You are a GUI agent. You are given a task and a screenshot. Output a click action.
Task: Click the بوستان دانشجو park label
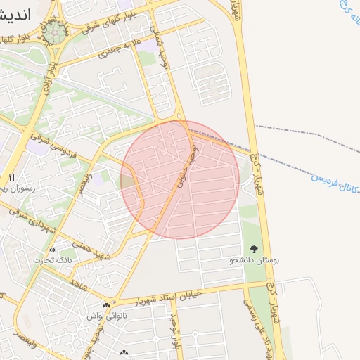tap(254, 260)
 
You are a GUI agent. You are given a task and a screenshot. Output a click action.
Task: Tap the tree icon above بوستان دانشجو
tap(254, 250)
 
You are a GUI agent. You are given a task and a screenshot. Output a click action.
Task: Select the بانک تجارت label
tap(53, 260)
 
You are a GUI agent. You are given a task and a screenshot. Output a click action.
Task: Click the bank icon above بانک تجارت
tap(53, 250)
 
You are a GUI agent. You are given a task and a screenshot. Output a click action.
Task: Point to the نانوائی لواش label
tap(106, 316)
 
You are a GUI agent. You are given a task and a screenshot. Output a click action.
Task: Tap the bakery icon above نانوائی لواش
tap(107, 305)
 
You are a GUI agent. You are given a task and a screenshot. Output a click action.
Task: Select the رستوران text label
tap(13, 188)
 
